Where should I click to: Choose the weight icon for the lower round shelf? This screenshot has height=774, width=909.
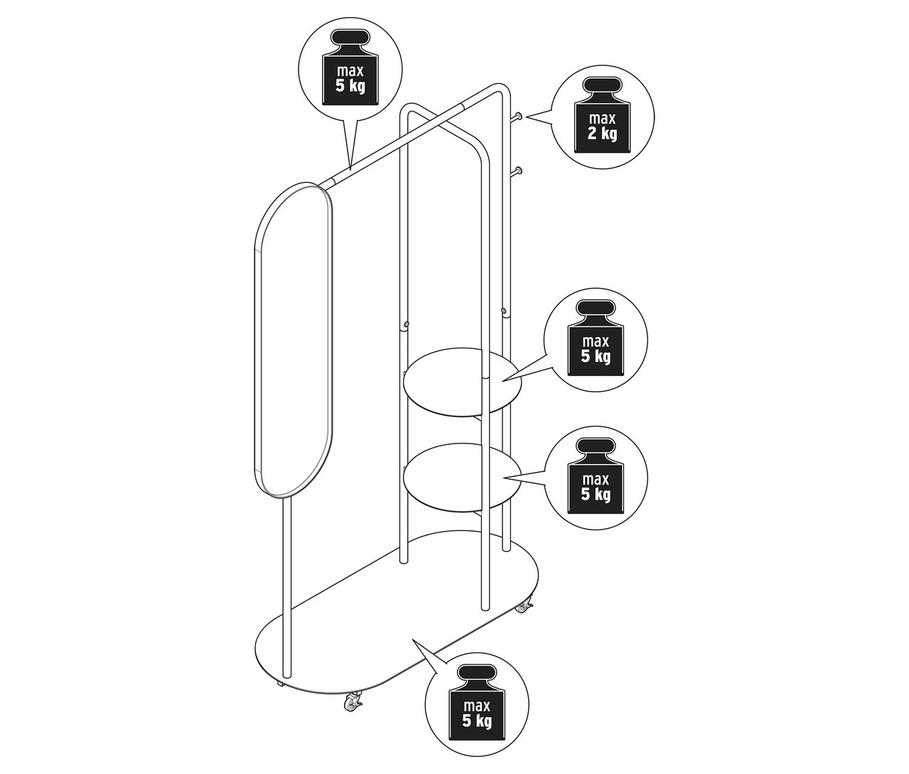coord(596,474)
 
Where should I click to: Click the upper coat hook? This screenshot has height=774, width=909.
coord(520,116)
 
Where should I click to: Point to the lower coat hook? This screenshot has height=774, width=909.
coord(520,171)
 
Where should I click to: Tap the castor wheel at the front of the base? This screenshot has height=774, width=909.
coord(351,703)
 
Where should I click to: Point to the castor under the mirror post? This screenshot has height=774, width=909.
coord(280,684)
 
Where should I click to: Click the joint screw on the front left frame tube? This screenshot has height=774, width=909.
coord(405,326)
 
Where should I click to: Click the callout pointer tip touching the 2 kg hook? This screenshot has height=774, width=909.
coord(527,117)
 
